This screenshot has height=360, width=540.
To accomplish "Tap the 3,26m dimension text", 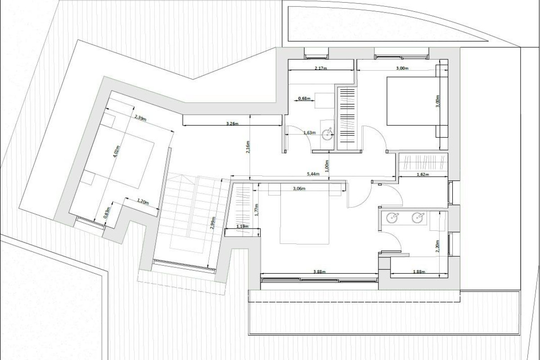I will [231, 123].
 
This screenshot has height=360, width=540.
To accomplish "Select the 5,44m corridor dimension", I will [313, 173].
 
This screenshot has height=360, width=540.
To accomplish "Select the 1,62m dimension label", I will [422, 174].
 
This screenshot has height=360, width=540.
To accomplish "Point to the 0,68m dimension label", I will [305, 98].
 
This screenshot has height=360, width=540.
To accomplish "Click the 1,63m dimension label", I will [309, 133].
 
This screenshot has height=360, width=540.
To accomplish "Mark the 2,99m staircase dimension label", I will [213, 224].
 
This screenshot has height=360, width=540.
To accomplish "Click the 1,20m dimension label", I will [143, 202].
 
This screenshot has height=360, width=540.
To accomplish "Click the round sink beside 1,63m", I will [329, 132].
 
